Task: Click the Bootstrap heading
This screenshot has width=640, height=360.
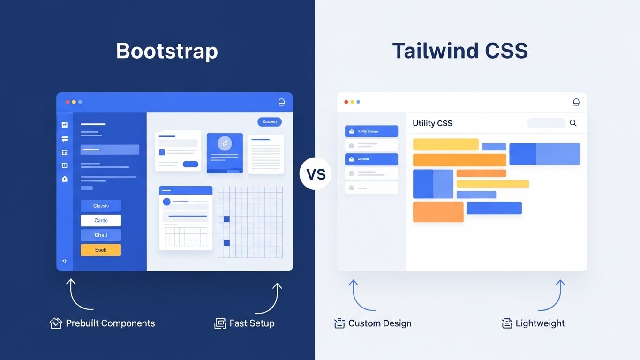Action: click(167, 51)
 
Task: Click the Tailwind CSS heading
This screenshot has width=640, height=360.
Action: click(460, 51)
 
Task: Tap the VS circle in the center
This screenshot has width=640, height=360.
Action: click(316, 174)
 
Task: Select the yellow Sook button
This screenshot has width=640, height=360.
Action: click(101, 250)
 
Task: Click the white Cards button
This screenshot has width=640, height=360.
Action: click(101, 220)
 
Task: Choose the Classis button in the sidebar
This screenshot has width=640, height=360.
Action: click(101, 206)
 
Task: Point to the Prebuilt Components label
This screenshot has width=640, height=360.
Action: click(110, 323)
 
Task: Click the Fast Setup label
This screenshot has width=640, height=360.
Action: click(252, 323)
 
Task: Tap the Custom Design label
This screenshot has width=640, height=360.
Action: click(380, 323)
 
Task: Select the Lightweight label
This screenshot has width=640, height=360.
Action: click(540, 323)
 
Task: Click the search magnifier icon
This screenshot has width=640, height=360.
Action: click(573, 123)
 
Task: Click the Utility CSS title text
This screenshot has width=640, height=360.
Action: click(432, 123)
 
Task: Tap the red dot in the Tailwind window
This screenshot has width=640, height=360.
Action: click(346, 102)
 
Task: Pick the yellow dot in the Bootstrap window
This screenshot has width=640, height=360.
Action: click(74, 102)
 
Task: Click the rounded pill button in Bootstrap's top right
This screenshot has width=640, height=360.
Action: click(270, 122)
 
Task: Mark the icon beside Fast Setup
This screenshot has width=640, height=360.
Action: click(220, 323)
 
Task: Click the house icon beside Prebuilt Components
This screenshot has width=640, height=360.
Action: click(56, 323)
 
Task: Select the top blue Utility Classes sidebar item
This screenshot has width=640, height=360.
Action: click(371, 131)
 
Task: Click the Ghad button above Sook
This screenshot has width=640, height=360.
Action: click(101, 235)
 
